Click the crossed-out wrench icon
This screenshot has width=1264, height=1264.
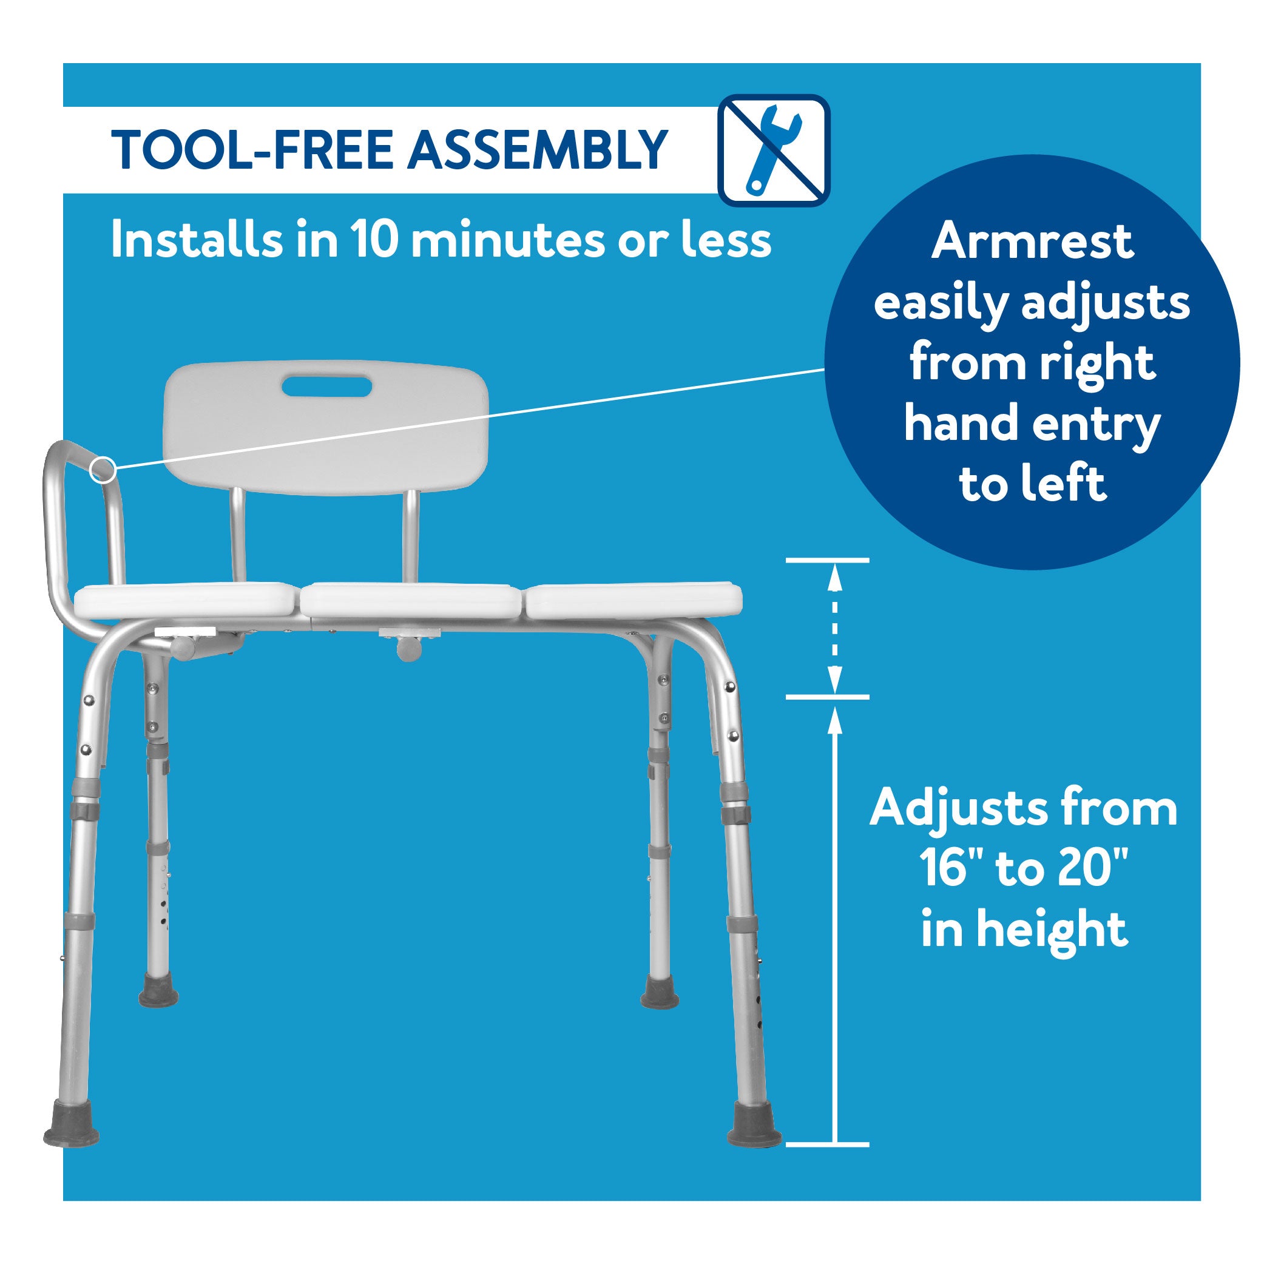click(x=774, y=150)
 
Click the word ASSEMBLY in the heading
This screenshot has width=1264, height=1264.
click(x=537, y=150)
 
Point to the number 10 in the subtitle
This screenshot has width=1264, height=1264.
click(x=374, y=240)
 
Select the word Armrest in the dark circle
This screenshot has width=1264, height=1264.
click(x=1032, y=242)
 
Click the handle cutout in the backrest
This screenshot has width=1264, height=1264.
click(x=326, y=387)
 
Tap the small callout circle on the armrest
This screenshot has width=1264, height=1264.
click(x=103, y=470)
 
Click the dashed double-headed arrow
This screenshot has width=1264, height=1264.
click(x=835, y=628)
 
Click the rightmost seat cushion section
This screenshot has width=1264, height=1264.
click(x=634, y=602)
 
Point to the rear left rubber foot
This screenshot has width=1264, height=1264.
click(x=158, y=992)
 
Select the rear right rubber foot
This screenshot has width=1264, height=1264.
click(x=660, y=992)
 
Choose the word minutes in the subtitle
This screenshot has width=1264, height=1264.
click(x=508, y=240)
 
